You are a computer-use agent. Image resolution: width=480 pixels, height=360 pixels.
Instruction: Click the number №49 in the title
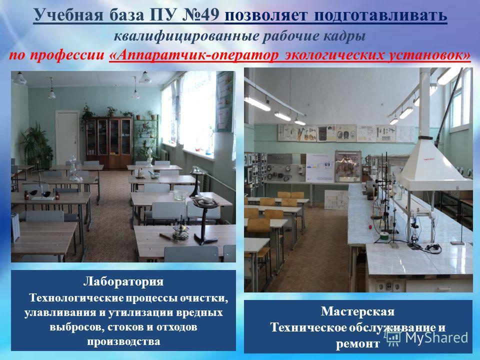[200, 15]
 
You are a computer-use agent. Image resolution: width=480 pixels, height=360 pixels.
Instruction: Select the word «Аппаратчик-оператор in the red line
[194, 55]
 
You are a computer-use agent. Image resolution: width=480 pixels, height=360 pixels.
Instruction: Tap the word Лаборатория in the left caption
[123, 281]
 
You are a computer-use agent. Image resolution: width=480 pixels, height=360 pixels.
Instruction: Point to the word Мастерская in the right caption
[357, 311]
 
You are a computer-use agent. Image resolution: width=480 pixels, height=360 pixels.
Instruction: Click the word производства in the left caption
[123, 341]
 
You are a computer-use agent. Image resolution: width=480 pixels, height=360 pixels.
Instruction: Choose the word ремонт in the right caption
[357, 344]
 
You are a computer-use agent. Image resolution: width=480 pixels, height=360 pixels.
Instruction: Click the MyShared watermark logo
[426, 338]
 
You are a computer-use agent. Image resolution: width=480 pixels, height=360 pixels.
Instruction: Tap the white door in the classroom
[67, 138]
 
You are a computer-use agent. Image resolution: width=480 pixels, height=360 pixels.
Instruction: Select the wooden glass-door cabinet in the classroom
[109, 142]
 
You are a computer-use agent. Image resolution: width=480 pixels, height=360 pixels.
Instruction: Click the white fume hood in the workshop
[434, 164]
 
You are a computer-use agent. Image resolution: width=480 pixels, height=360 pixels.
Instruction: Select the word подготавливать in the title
[380, 15]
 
